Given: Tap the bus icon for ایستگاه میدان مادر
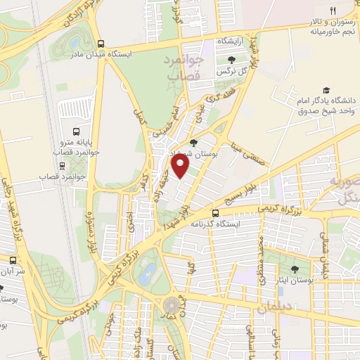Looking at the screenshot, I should pos(103,41).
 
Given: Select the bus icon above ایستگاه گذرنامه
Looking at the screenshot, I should pos(215,212).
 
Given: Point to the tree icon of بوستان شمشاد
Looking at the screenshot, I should pos(194,143).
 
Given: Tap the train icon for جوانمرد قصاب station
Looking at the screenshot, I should pos(63,167).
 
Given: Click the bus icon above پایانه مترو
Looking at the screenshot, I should pos(77,130).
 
